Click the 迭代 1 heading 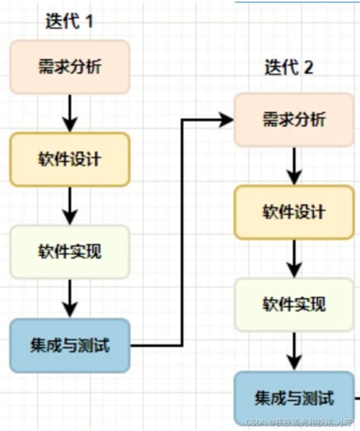click(69, 21)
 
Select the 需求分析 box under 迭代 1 click(69, 67)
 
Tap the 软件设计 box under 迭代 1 click(69, 160)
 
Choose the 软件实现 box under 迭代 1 click(69, 252)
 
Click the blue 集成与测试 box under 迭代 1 click(69, 346)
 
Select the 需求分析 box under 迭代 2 click(294, 119)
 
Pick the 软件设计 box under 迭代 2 click(294, 211)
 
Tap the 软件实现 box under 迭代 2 click(294, 305)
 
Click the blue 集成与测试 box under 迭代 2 click(294, 398)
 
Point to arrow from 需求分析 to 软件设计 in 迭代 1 click(69, 113)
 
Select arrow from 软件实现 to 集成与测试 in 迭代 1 click(69, 298)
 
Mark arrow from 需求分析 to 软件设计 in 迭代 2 click(294, 165)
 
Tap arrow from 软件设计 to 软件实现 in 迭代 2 click(294, 258)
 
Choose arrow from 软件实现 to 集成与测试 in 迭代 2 click(294, 351)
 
